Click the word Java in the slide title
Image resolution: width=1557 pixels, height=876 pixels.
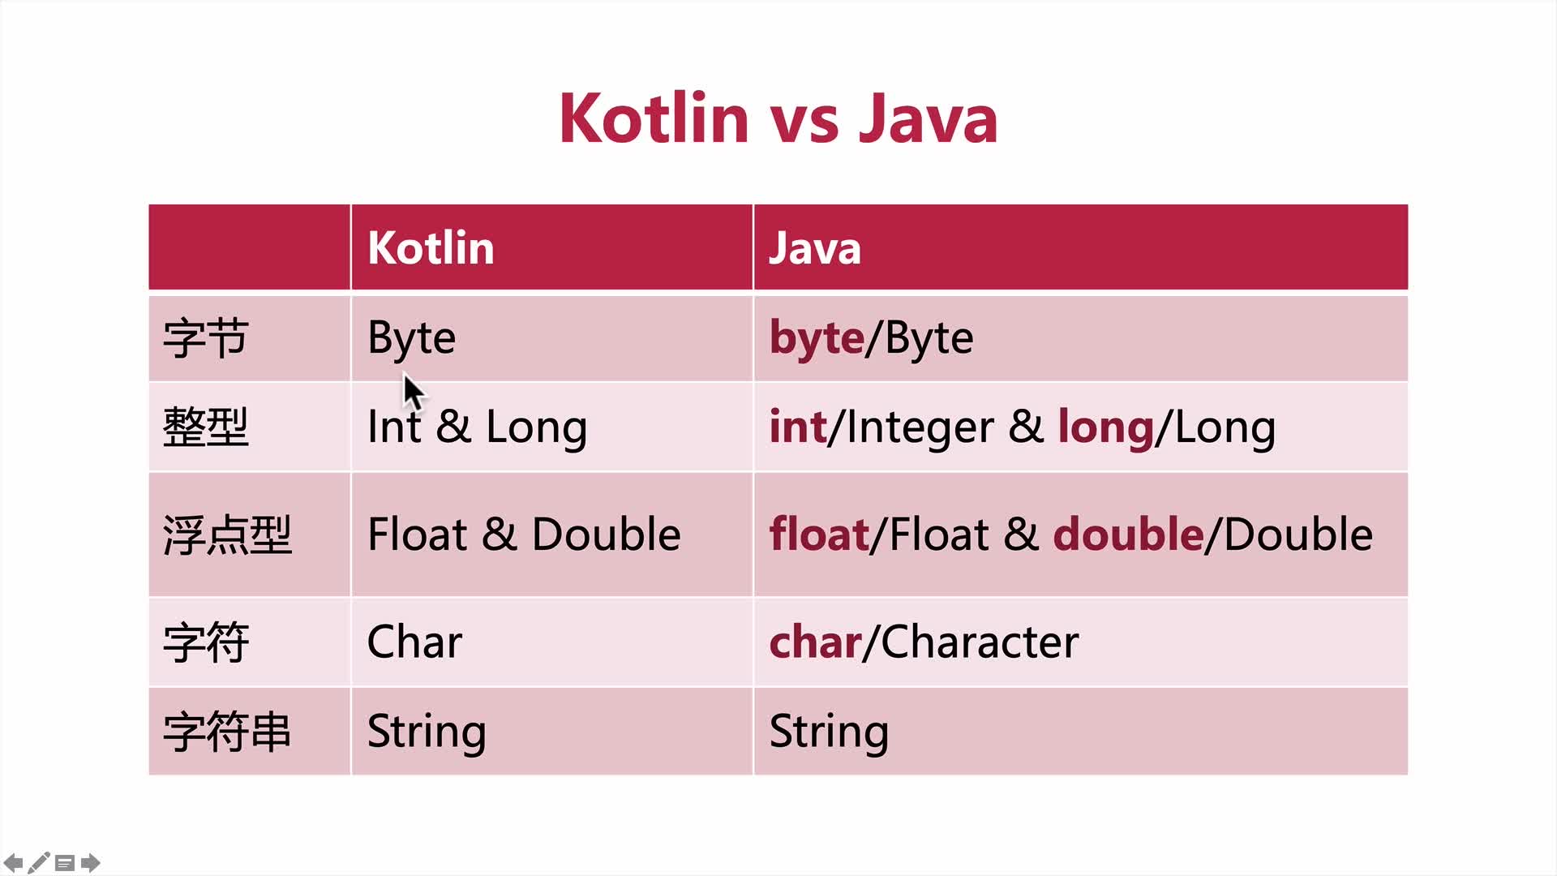(928, 118)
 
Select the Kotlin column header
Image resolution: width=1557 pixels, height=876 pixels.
(431, 247)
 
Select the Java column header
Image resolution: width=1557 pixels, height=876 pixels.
(814, 248)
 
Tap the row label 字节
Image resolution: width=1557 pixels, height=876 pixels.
(205, 338)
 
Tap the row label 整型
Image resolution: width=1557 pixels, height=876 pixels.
(205, 427)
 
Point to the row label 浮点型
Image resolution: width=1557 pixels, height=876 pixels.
(227, 535)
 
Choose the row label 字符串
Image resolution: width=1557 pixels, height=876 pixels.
(227, 732)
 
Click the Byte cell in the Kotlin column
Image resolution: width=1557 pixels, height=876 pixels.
(411, 338)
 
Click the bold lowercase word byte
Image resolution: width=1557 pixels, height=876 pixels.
(817, 338)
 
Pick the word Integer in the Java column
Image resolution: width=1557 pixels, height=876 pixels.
(920, 427)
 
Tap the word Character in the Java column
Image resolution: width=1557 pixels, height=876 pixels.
(980, 642)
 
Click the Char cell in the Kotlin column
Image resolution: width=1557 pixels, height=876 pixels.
(414, 642)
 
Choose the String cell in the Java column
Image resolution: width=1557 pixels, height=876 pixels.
(829, 732)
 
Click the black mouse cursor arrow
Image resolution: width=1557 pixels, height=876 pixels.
(414, 393)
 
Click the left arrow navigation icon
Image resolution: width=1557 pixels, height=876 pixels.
(13, 862)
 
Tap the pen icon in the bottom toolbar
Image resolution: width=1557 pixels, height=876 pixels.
(39, 862)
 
